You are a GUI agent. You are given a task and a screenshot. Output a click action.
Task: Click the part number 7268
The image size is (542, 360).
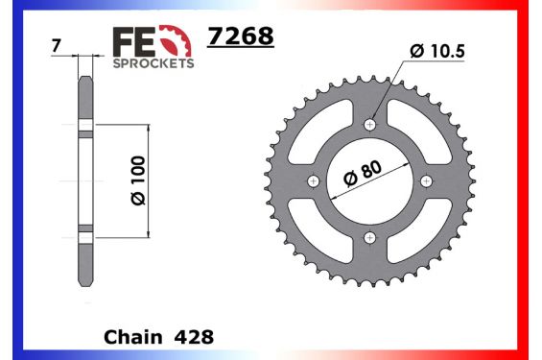tap(241, 36)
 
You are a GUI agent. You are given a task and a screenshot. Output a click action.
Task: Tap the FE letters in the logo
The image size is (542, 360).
tap(133, 41)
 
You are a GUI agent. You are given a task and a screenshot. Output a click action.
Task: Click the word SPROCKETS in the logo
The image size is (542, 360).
tap(153, 63)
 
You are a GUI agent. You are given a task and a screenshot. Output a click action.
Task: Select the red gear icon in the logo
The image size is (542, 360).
tap(175, 41)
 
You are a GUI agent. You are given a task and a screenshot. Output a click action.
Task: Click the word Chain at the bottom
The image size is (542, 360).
tap(130, 338)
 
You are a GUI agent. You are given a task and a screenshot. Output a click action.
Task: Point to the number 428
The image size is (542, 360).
tap(194, 338)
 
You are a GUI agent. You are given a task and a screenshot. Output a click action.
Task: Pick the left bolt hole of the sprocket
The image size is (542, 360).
tap(313, 181)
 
